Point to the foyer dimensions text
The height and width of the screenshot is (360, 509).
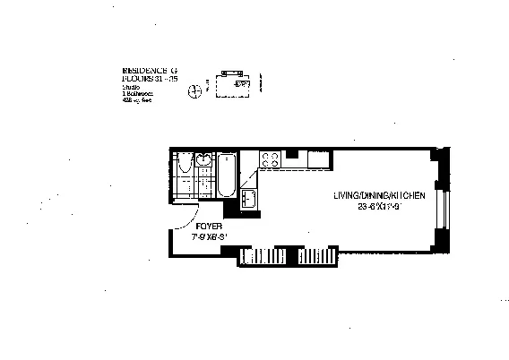pyautogui.click(x=207, y=238)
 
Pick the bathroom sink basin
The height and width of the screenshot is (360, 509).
pyautogui.click(x=205, y=162)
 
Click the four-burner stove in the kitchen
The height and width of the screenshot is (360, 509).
pyautogui.click(x=271, y=160)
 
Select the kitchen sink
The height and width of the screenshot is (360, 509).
pyautogui.click(x=248, y=198)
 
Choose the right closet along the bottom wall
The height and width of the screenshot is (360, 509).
pyautogui.click(x=317, y=257)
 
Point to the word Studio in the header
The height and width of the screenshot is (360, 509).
pyautogui.click(x=132, y=87)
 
